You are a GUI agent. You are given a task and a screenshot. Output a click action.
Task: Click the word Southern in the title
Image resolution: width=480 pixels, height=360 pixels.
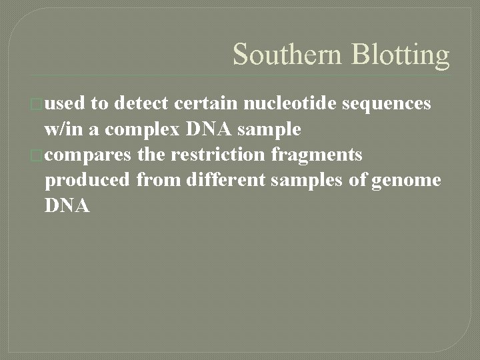click(282, 55)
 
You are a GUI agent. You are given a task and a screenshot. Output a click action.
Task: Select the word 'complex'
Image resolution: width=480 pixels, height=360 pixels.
click(136, 129)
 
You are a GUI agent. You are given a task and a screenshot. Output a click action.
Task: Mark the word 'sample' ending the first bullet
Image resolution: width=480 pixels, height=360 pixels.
click(270, 129)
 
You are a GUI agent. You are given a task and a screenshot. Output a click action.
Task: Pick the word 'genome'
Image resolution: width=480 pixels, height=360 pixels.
click(407, 181)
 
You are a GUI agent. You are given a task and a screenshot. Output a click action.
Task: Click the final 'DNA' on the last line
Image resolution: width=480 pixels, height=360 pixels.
click(67, 207)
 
